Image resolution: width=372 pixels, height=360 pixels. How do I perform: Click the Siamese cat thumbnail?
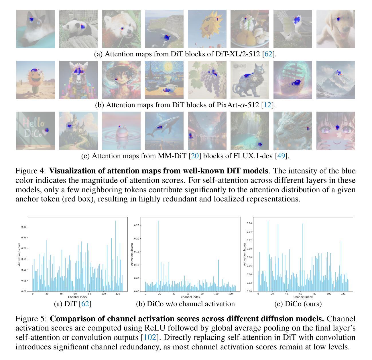click(36, 29)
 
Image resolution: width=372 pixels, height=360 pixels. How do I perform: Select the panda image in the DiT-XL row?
click(78, 29)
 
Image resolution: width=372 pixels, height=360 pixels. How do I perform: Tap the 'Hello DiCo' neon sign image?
click(36, 131)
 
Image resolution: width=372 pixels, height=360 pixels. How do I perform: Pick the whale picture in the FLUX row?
click(164, 131)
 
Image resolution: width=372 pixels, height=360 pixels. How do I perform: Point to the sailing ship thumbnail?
click(293, 80)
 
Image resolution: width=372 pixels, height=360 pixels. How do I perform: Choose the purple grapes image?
click(207, 80)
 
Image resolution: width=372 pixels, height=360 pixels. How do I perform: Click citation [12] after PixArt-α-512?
click(267, 105)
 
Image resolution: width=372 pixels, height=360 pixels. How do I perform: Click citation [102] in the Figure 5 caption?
click(150, 337)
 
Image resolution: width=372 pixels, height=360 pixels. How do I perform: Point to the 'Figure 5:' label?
click(31, 319)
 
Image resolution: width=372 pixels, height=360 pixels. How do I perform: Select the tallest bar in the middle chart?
click(158, 255)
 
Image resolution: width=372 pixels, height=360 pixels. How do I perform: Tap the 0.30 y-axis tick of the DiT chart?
click(24, 227)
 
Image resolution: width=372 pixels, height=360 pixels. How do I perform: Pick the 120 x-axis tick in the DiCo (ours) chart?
click(343, 294)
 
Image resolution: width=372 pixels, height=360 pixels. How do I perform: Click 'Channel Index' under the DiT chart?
click(78, 297)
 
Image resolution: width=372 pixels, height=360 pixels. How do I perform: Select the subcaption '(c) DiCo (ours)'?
click(298, 304)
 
